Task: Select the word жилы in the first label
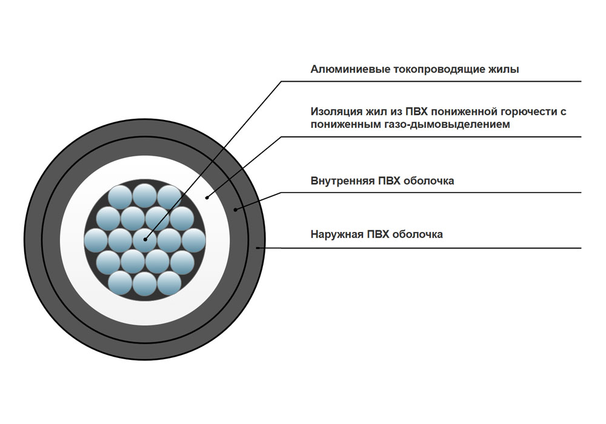[504, 70]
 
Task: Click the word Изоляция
[336, 112]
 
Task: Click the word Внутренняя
[341, 181]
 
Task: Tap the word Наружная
[336, 234]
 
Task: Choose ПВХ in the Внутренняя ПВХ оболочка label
[385, 181]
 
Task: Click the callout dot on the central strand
[145, 239]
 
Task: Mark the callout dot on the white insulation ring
[207, 197]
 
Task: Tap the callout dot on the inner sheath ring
[236, 210]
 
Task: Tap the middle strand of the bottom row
[145, 283]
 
